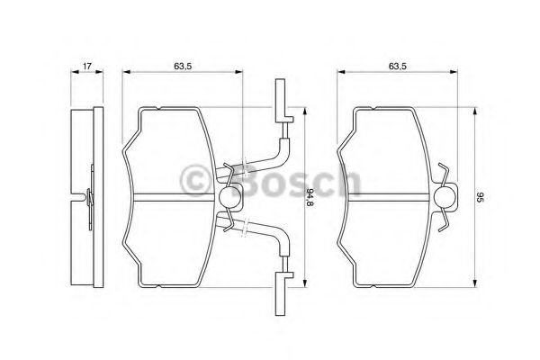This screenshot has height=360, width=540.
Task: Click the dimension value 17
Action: tap(86, 66)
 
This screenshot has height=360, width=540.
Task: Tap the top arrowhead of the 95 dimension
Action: tap(469, 108)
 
